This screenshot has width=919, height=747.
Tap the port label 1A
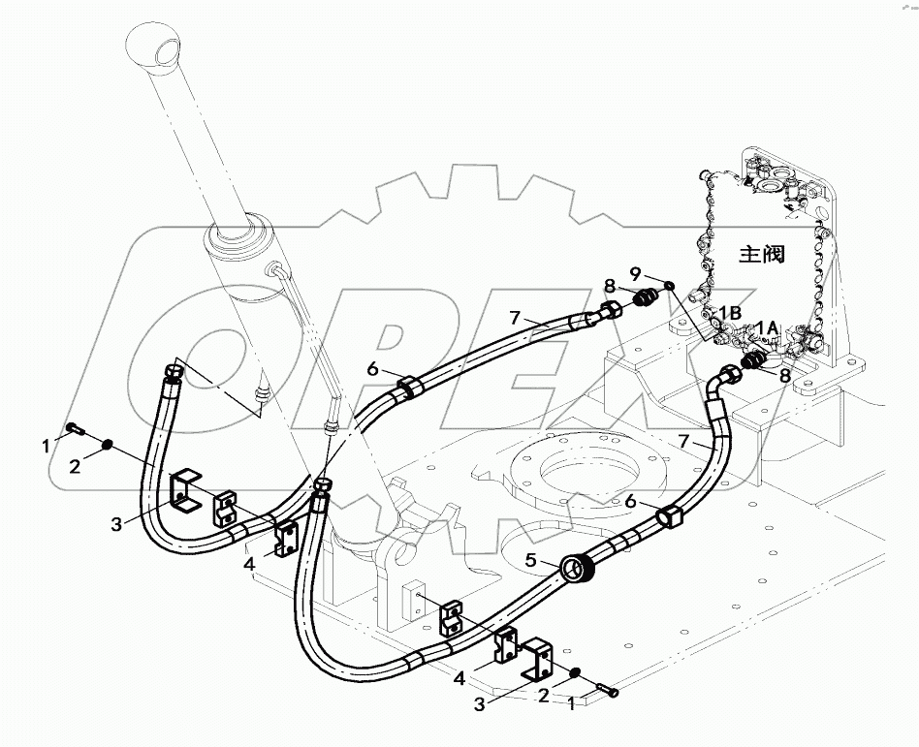coord(768,327)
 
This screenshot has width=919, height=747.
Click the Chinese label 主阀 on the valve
coord(761,255)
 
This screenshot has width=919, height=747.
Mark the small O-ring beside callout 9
coord(669,287)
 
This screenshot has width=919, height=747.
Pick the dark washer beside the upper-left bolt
coord(110,445)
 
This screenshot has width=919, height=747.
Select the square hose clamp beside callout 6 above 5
coord(669,519)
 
